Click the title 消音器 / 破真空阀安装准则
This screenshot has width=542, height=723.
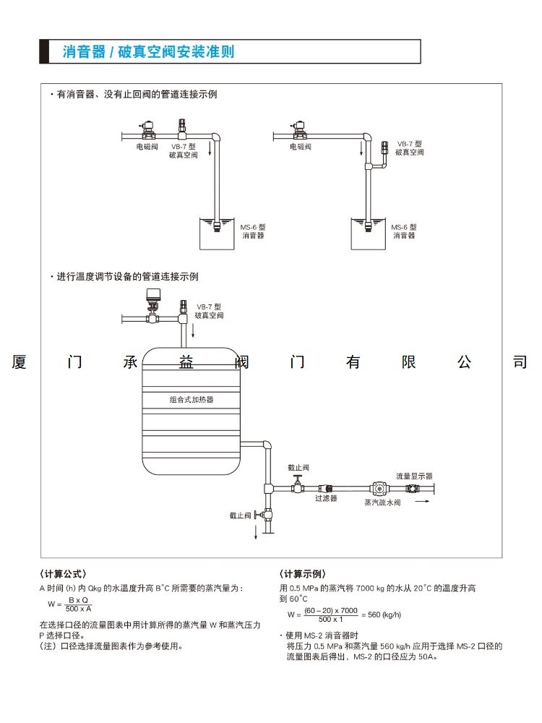[148, 52]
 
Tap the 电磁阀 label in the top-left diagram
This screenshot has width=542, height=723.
[147, 147]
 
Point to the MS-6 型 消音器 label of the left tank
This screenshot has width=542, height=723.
[253, 231]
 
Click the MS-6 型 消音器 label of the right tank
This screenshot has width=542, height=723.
[405, 231]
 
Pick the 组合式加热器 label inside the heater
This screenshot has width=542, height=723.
[192, 399]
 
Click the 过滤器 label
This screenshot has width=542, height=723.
[326, 498]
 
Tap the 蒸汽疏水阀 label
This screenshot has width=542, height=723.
[382, 502]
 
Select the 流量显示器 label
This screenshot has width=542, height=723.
[414, 476]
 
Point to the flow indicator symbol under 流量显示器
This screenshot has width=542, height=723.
[413, 489]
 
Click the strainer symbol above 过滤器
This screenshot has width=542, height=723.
[327, 489]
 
